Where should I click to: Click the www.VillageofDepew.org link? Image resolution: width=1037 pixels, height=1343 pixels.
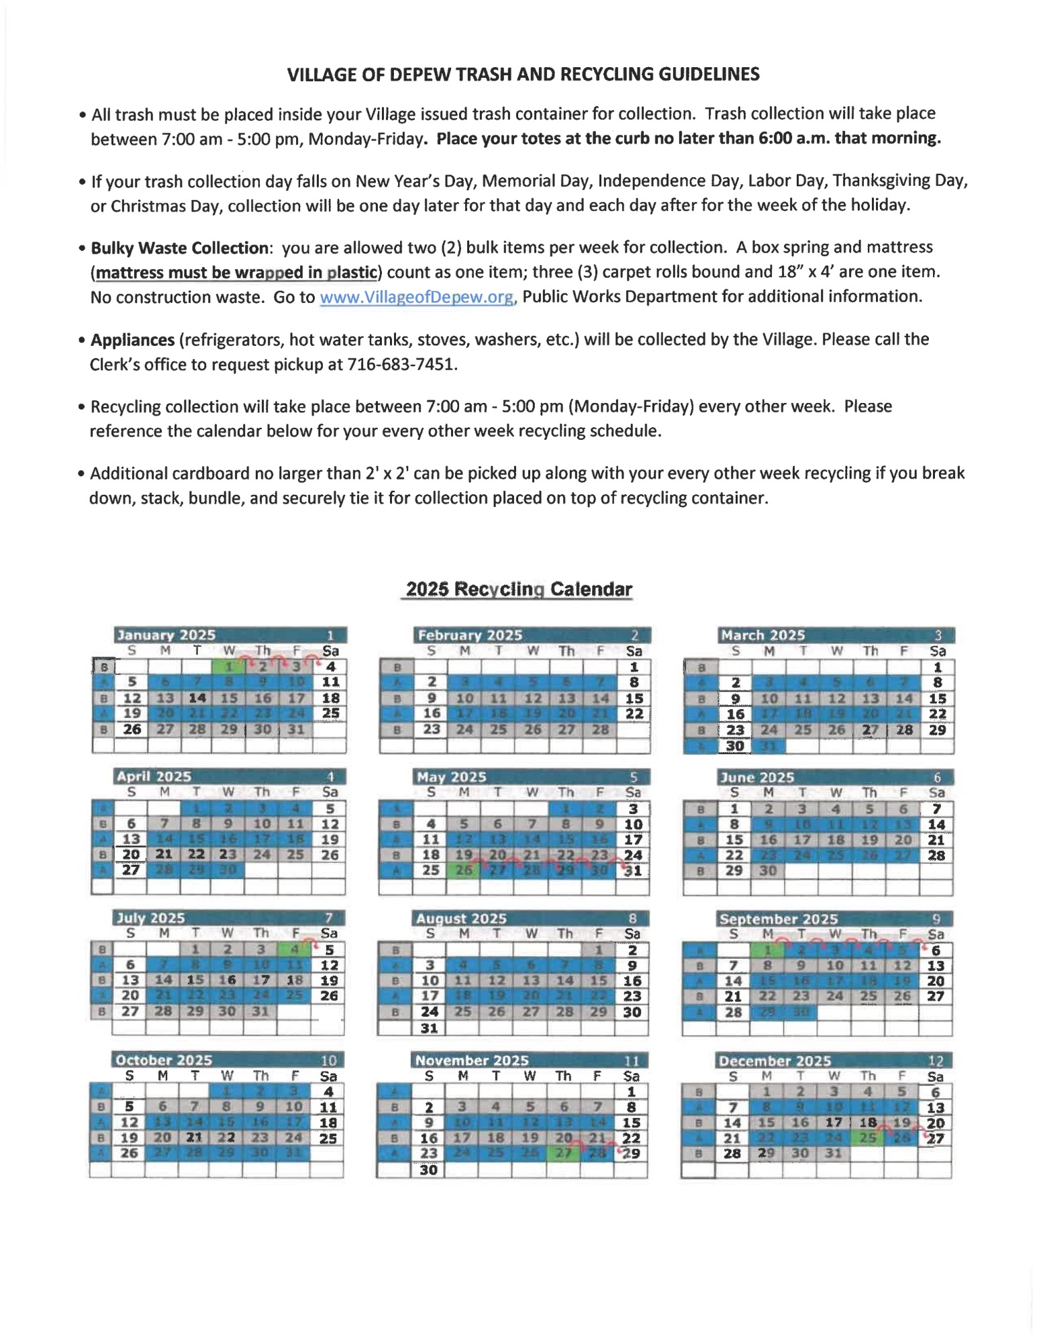click(x=416, y=297)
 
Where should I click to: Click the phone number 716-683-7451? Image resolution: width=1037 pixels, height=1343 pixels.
click(x=401, y=365)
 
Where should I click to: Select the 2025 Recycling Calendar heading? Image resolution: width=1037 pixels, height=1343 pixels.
click(x=518, y=589)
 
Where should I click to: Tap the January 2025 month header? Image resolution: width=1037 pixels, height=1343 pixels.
click(x=166, y=635)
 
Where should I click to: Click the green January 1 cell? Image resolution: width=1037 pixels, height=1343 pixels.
click(x=229, y=667)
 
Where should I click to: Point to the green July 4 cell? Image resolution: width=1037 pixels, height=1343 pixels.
click(x=294, y=950)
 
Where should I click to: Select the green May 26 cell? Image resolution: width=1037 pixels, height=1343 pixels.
click(x=464, y=871)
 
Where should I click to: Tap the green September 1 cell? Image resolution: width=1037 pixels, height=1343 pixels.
click(x=767, y=950)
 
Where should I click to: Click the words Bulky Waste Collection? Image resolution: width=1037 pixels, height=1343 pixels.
click(x=179, y=248)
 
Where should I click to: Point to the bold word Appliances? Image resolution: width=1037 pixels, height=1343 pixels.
click(x=132, y=340)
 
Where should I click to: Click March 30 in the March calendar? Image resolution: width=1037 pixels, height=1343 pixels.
click(x=735, y=745)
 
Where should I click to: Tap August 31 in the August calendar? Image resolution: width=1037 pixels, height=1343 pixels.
click(x=430, y=1028)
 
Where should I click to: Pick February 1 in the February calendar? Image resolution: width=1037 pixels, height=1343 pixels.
click(x=634, y=667)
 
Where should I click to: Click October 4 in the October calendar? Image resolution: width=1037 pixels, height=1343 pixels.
click(x=328, y=1091)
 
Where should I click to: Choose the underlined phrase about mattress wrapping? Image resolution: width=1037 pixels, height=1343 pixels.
click(x=236, y=273)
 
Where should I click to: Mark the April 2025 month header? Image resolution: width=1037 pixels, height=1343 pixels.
click(x=154, y=776)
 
